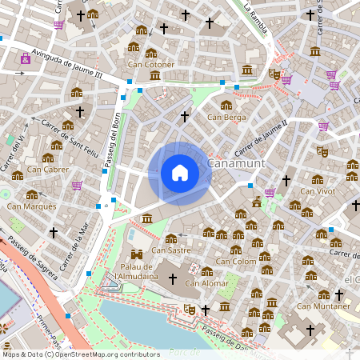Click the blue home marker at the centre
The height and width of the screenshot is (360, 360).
(x=180, y=172)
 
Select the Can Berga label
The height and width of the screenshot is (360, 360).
(x=226, y=118)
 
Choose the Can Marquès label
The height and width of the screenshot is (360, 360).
(x=31, y=206)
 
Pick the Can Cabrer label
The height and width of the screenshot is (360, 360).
(x=47, y=169)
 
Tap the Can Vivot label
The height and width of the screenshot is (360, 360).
(x=317, y=190)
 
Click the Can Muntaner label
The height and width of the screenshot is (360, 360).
(x=323, y=306)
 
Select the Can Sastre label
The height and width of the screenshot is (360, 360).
(x=170, y=250)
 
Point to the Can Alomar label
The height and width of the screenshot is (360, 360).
(x=205, y=282)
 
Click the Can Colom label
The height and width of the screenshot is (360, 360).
(x=235, y=261)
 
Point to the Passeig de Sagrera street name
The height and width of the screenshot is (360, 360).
(x=34, y=261)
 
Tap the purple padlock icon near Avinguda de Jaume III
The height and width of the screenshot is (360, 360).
(x=26, y=58)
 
